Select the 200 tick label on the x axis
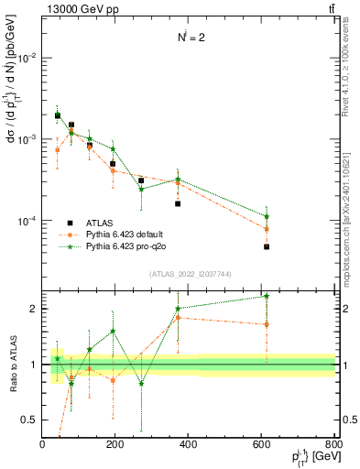[x=115, y=445]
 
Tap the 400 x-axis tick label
[x=188, y=445]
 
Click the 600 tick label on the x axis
[x=261, y=445]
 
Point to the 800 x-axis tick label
[x=333, y=445]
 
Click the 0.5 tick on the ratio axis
[x=30, y=420]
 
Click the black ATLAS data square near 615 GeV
[x=267, y=246]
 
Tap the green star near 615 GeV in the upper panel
[x=267, y=216]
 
